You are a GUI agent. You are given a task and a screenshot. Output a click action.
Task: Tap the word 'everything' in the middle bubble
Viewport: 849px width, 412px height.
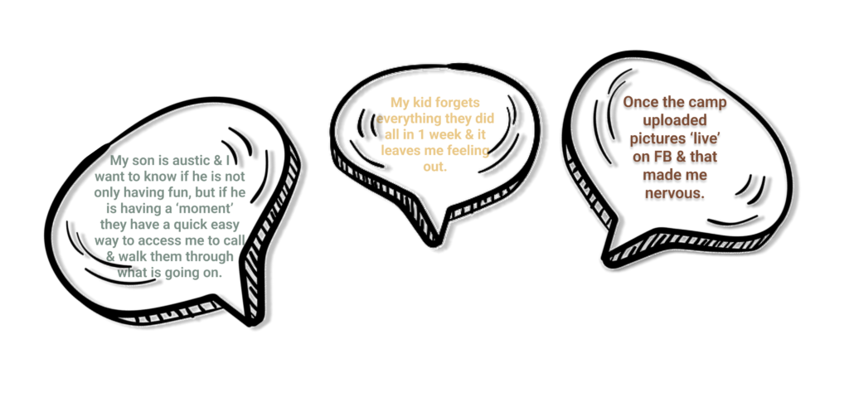click(406, 119)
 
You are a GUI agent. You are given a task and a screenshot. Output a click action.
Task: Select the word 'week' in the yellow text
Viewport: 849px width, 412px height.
click(441, 134)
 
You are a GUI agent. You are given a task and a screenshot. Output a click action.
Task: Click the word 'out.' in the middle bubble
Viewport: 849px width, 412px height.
click(434, 166)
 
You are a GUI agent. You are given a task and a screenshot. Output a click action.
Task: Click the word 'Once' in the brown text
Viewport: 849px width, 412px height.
click(639, 102)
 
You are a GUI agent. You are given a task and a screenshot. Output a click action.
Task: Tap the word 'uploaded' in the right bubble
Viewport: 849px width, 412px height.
click(675, 120)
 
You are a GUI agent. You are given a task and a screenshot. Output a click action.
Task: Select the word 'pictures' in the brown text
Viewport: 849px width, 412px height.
click(654, 138)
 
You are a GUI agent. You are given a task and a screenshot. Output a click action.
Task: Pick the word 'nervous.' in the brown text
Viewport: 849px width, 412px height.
click(675, 193)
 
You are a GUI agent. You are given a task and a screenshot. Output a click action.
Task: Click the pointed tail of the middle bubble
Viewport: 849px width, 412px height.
click(434, 243)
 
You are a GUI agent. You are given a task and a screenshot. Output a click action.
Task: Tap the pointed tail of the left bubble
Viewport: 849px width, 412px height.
click(250, 322)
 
